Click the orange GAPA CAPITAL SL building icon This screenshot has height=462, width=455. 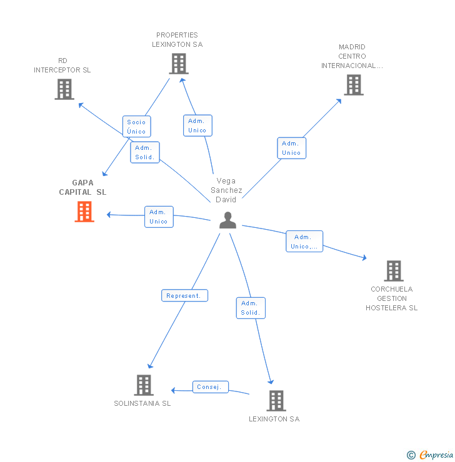click(x=84, y=212)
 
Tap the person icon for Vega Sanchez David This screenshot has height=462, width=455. click(x=227, y=220)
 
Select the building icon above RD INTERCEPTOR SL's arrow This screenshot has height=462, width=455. click(x=64, y=89)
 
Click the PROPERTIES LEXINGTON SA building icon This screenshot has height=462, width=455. click(x=179, y=64)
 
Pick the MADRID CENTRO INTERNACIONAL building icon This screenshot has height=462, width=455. click(x=354, y=85)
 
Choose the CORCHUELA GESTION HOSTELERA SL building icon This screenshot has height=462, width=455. click(x=394, y=271)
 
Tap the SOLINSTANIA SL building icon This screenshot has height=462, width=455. click(x=144, y=385)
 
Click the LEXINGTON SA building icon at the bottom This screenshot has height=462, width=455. click(x=276, y=401)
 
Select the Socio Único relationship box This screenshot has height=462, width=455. click(x=136, y=126)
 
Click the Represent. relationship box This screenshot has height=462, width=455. click(x=184, y=295)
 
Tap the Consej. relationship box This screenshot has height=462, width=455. click(x=211, y=387)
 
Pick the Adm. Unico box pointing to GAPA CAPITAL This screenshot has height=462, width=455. click(x=159, y=217)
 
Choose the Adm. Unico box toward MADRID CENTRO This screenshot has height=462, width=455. click(x=292, y=148)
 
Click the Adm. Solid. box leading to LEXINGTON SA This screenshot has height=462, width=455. click(x=251, y=308)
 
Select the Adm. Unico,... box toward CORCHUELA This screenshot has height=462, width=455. click(x=304, y=242)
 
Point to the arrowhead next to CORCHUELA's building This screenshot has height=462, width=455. click(x=365, y=258)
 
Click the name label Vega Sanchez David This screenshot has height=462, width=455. click(x=226, y=190)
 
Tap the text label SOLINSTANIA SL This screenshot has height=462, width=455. click(x=142, y=403)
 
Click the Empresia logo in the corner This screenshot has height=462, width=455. click(x=430, y=455)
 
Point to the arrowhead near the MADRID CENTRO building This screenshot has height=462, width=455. click(x=339, y=101)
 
